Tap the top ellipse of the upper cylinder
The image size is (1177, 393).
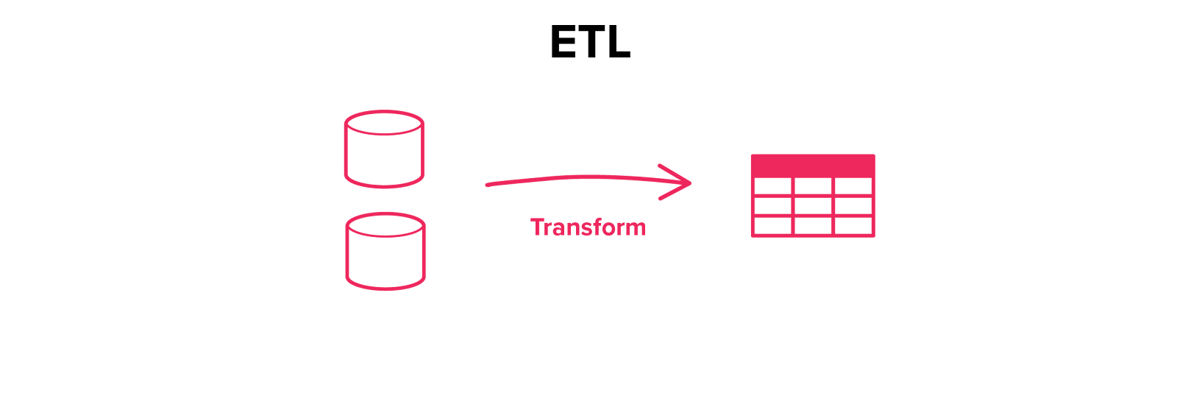pyautogui.click(x=384, y=123)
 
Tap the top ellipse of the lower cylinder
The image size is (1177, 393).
pyautogui.click(x=385, y=224)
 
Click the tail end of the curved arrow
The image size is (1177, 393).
pyautogui.click(x=488, y=185)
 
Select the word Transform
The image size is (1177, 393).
pyautogui.click(x=588, y=227)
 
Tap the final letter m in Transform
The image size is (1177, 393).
pyautogui.click(x=635, y=229)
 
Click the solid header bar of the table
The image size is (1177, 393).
pyautogui.click(x=813, y=165)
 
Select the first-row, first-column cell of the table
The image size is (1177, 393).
pyautogui.click(x=772, y=187)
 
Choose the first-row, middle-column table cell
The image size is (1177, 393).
pyautogui.click(x=813, y=187)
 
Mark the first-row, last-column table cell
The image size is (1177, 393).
pyautogui.click(x=853, y=187)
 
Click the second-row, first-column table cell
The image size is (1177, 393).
pyautogui.click(x=772, y=206)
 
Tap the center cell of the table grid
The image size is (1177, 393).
pyautogui.click(x=813, y=206)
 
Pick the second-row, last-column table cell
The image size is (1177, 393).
pyautogui.click(x=853, y=206)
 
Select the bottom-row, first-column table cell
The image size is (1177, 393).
pyautogui.click(x=772, y=225)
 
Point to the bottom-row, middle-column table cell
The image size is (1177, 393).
pyautogui.click(x=813, y=225)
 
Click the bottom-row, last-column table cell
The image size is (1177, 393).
pyautogui.click(x=853, y=225)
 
